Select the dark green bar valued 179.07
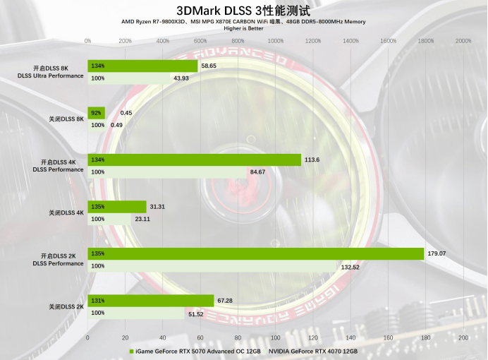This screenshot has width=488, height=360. tap(255, 253)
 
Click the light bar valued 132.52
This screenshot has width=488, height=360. tap(212, 266)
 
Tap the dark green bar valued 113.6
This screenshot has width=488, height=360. tap(194, 160)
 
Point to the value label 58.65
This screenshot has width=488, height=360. tap(209, 66)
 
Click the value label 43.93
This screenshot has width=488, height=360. tap(181, 78)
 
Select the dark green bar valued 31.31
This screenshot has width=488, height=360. tap(116, 207)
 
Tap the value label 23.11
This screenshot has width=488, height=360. tap(142, 219)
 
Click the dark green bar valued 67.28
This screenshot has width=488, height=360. tap(150, 301)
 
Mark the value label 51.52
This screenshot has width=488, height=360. tap(195, 313)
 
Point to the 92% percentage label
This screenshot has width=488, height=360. tap(97, 112)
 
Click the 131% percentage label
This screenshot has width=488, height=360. tap(98, 301)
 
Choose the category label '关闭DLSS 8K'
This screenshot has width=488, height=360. tap(66, 119)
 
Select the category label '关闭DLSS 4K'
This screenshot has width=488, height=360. tap(66, 212)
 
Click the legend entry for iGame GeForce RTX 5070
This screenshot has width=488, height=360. tap(195, 351)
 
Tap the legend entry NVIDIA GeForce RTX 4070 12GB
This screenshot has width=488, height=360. tap(312, 351)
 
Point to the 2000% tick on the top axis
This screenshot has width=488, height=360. tap(463, 41)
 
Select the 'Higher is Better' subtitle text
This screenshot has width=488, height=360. tap(243, 28)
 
